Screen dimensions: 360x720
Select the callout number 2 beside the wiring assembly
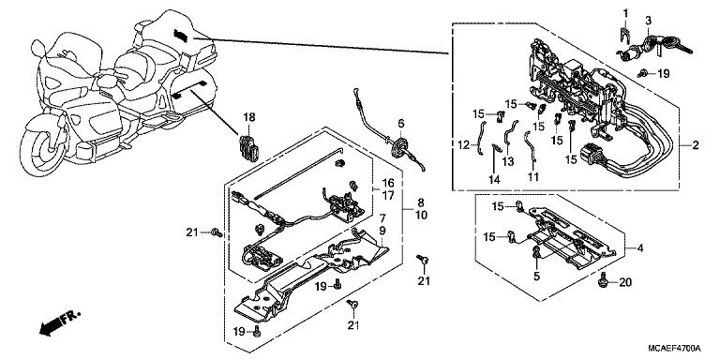click(695, 146)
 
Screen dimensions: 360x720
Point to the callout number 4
click(640, 248)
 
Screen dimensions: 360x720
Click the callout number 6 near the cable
click(400, 123)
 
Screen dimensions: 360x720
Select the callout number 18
click(249, 117)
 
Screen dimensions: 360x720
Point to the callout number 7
click(382, 218)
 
